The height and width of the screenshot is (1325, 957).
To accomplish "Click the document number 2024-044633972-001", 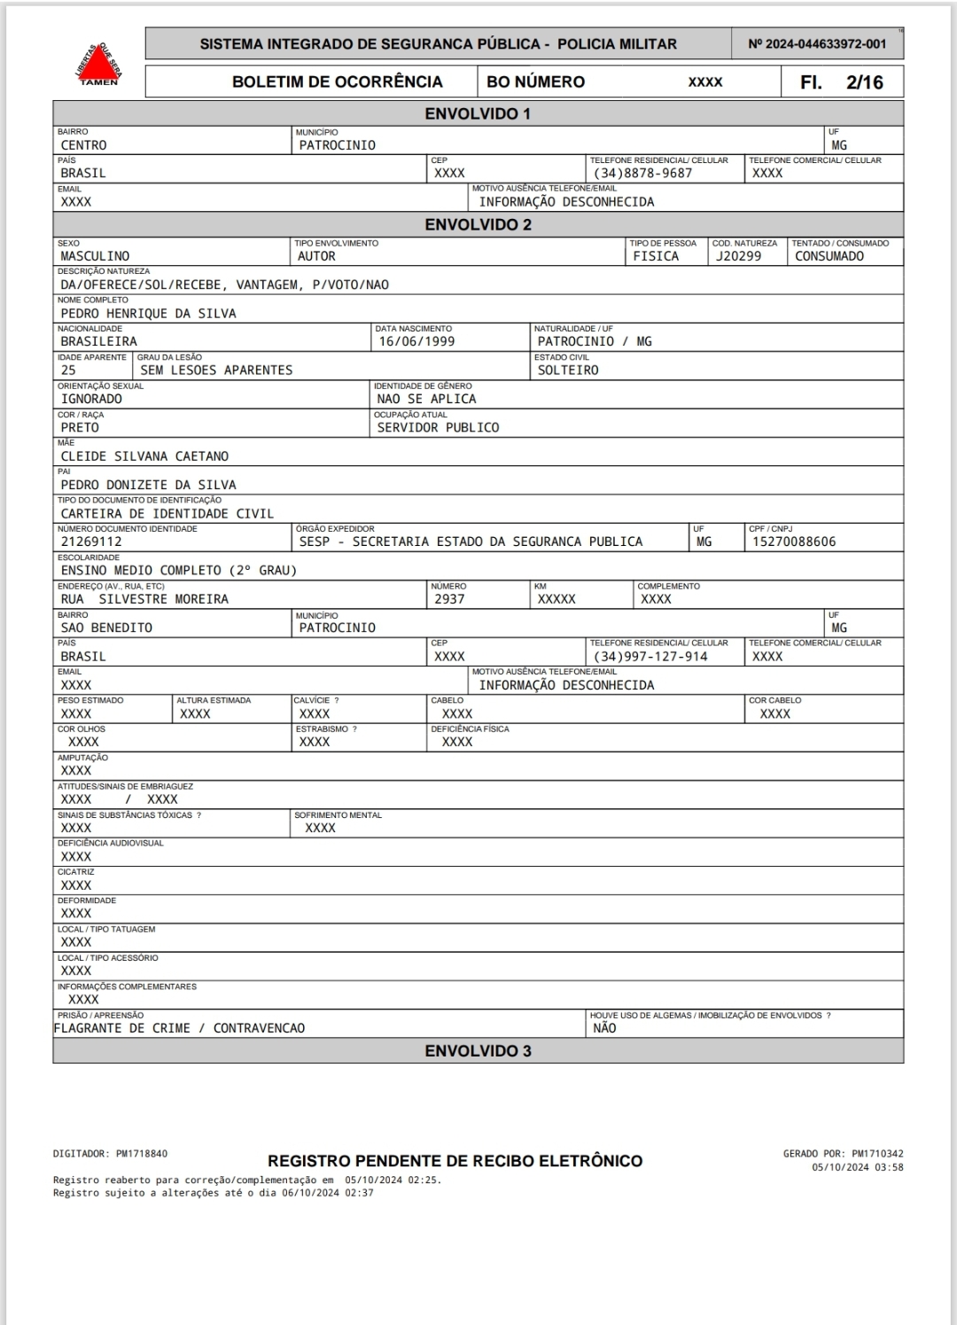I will click(x=816, y=43).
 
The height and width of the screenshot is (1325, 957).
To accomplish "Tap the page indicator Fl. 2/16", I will click(x=841, y=82).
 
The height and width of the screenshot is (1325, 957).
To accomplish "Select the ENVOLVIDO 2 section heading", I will click(x=478, y=224).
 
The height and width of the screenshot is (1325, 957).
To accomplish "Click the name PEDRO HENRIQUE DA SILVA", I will click(x=148, y=313).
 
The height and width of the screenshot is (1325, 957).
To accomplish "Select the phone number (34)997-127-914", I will click(x=650, y=656).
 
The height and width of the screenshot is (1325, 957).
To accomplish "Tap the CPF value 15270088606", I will click(x=794, y=542).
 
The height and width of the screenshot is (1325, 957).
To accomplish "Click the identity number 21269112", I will click(x=91, y=542).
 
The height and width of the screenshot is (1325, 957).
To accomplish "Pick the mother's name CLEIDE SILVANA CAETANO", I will click(x=144, y=456).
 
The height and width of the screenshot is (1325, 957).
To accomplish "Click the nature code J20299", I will click(x=739, y=256).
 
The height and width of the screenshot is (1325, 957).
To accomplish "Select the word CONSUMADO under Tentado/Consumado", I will click(x=829, y=256).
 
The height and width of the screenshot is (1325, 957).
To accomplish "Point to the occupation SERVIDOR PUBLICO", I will click(x=438, y=427).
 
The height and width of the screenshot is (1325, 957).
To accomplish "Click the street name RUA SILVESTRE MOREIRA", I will click(x=144, y=599).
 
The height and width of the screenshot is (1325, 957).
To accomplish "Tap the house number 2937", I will click(x=449, y=599).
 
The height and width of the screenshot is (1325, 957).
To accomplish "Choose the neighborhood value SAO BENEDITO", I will click(x=106, y=627).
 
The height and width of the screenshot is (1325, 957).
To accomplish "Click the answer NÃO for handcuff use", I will click(x=604, y=1028).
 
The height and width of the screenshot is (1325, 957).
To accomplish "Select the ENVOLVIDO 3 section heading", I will click(x=478, y=1051).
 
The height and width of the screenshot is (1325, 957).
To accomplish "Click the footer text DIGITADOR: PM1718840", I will click(x=110, y=1154).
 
